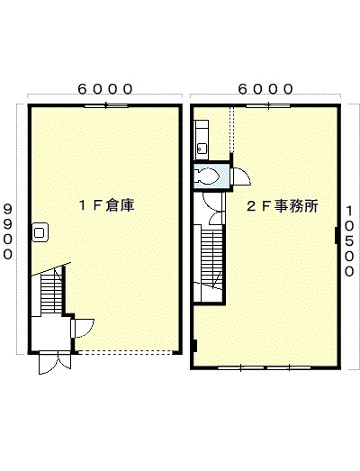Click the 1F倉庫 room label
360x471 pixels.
[106, 205]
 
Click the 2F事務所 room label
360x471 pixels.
[283, 206]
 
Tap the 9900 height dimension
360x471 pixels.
[8, 231]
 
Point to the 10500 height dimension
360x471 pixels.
[349, 241]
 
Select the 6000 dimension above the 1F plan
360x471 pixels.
[105, 89]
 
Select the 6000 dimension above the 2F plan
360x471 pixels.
[265, 89]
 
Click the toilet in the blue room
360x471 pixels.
[207, 176]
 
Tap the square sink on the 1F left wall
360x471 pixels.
[40, 232]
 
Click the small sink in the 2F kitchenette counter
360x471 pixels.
[202, 148]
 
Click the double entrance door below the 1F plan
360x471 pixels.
[55, 363]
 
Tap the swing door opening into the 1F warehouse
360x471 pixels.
[83, 328]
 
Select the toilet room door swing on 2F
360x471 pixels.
[241, 177]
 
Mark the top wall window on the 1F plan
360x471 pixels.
[106, 105]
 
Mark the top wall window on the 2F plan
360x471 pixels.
[268, 105]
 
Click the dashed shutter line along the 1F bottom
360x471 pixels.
[125, 353]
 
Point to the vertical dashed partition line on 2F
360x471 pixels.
[231, 130]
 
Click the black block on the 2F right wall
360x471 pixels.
[337, 235]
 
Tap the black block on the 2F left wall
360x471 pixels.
[194, 346]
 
